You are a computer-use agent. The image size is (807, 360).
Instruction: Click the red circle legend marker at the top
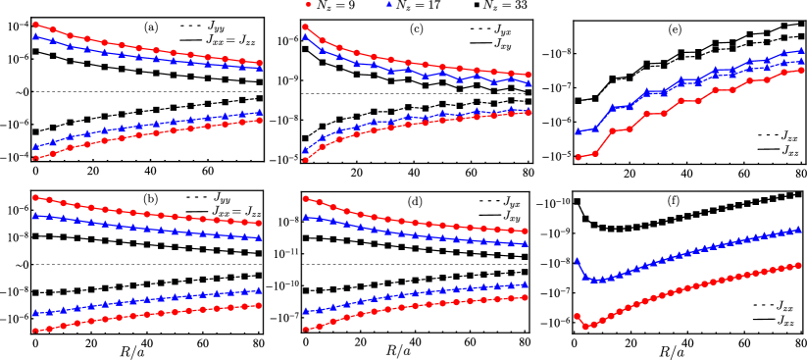308,4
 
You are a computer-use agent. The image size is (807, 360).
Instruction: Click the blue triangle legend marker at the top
389,4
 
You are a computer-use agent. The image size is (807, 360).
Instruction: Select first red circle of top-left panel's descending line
36,25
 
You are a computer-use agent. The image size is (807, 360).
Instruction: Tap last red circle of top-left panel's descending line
259,63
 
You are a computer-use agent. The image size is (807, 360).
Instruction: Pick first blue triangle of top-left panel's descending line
36,36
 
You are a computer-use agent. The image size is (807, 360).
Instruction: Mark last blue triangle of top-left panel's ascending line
259,112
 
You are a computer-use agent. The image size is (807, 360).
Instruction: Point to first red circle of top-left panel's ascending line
36,158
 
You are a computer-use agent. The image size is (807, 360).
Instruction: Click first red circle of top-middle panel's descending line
306,26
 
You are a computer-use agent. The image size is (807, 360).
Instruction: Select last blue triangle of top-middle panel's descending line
528,84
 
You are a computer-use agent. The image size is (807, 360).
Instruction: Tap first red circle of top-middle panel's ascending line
306,159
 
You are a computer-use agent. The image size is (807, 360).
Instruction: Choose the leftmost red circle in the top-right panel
578,157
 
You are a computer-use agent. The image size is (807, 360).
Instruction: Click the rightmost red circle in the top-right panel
801,70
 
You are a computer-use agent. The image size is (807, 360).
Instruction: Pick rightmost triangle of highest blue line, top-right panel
801,50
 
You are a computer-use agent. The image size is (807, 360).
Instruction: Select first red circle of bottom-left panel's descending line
36,197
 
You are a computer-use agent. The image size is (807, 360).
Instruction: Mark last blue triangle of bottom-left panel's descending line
259,237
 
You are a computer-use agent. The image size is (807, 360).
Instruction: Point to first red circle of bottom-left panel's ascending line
36,331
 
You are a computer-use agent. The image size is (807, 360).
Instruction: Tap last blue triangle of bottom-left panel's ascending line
259,290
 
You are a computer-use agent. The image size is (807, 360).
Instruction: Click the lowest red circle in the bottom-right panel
585,327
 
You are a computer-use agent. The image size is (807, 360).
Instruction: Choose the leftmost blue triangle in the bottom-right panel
577,261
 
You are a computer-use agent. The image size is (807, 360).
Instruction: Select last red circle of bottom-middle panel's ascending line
526,297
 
